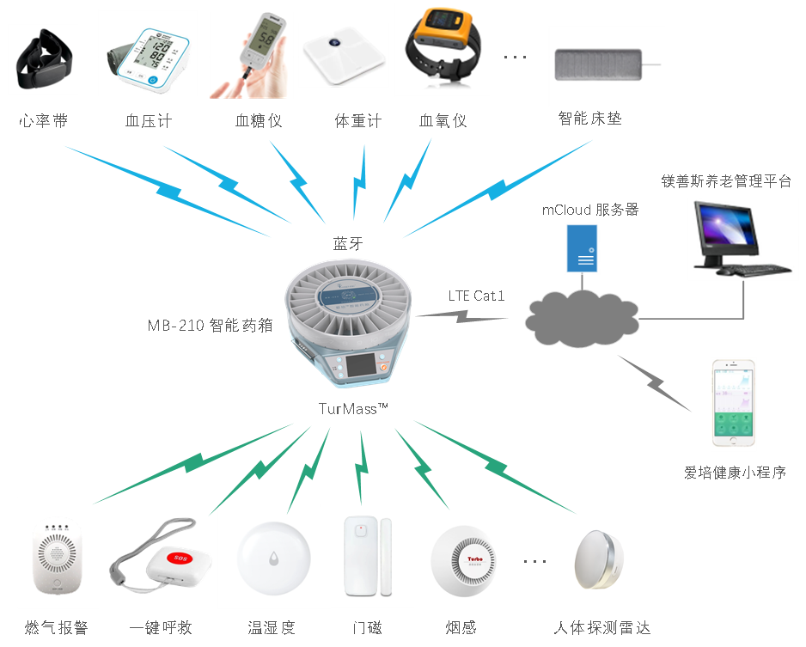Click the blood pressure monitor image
(147, 57)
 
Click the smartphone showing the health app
(734, 404)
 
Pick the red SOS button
(180, 558)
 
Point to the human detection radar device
(601, 561)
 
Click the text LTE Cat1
(476, 296)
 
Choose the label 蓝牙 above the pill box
(348, 244)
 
